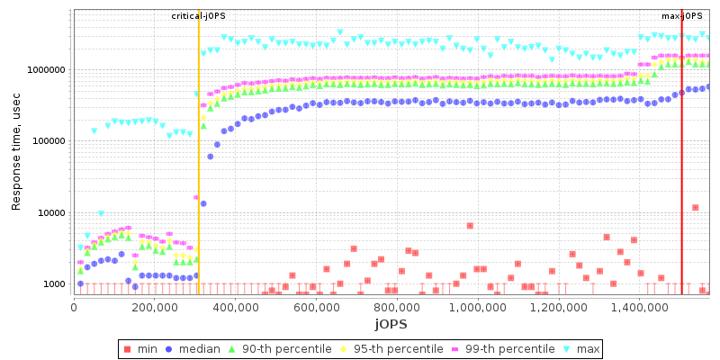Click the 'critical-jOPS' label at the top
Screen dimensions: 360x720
pyautogui.click(x=198, y=16)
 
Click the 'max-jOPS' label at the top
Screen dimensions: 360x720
pyautogui.click(x=681, y=16)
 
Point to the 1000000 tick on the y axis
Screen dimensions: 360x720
pyautogui.click(x=45, y=70)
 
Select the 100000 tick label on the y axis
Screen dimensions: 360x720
pyautogui.click(x=48, y=141)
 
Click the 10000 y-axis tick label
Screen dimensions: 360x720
pyautogui.click(x=50, y=213)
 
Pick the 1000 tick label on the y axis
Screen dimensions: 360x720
pyautogui.click(x=53, y=284)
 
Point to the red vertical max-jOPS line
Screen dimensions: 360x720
pyautogui.click(x=681, y=180)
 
